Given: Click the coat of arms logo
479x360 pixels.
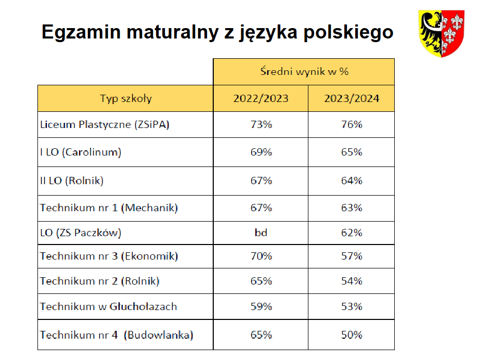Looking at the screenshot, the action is click(442, 34).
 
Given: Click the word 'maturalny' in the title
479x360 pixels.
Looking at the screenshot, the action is click(173, 32).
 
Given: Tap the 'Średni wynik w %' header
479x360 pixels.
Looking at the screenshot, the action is click(304, 71).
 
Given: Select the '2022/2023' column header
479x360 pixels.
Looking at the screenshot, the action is click(261, 98).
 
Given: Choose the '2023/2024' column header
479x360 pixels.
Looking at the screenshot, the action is click(352, 98).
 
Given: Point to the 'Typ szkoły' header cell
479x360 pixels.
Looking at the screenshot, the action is click(126, 99).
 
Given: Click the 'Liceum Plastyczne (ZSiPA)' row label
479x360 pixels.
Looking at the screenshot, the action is click(105, 125).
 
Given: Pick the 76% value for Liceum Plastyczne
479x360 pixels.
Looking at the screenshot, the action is click(352, 124).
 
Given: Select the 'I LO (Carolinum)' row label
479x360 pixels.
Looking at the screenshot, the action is click(81, 152).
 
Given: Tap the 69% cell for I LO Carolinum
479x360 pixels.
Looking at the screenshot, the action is click(261, 152).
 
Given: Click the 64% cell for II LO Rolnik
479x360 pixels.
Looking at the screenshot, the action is click(352, 181).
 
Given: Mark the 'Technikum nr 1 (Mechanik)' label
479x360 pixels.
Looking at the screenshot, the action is click(109, 208).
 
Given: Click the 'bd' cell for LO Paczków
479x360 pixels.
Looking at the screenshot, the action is click(261, 233).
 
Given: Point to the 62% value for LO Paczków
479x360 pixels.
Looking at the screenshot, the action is click(352, 233).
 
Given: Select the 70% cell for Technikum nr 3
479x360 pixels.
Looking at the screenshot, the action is click(261, 256).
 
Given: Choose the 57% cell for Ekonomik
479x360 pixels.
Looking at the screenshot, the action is click(352, 256).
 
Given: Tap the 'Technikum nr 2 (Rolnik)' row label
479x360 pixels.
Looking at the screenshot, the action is click(99, 281).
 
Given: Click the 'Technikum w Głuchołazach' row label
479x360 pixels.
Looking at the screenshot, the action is click(109, 306).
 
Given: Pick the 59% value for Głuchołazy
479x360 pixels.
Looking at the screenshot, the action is click(261, 306).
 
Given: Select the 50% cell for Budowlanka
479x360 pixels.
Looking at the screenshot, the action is click(352, 335).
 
